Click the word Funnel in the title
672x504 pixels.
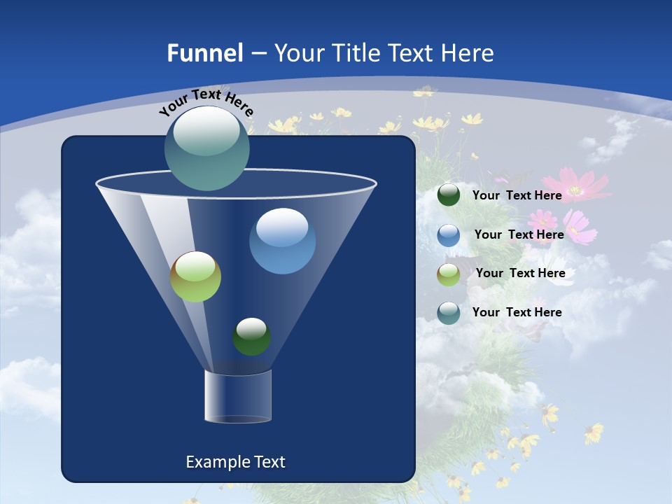pyautogui.click(x=204, y=53)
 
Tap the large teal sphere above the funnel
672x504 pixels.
pyautogui.click(x=207, y=148)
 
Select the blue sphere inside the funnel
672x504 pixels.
pyautogui.click(x=282, y=241)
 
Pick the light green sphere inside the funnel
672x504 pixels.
pyautogui.click(x=195, y=276)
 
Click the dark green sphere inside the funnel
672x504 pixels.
pyautogui.click(x=251, y=336)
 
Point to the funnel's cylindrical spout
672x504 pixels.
pyautogui.click(x=237, y=396)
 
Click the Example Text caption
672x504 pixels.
pyautogui.click(x=235, y=462)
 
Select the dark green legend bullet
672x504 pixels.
pyautogui.click(x=449, y=195)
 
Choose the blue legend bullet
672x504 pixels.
pyautogui.click(x=449, y=235)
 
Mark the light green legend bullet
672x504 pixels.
pyautogui.click(x=449, y=274)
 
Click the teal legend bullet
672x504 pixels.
pyautogui.click(x=449, y=313)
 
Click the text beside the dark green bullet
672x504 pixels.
pyautogui.click(x=517, y=195)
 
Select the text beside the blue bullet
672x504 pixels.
pyautogui.click(x=519, y=234)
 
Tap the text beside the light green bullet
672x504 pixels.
pyautogui.click(x=520, y=273)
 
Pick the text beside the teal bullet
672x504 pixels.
pyautogui.click(x=517, y=312)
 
